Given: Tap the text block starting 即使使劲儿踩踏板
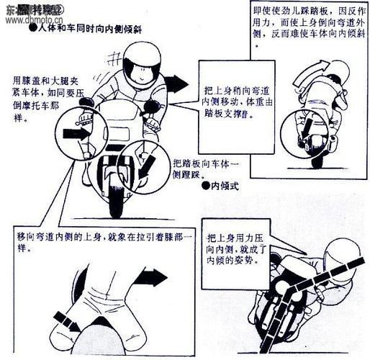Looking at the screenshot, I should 309,25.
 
